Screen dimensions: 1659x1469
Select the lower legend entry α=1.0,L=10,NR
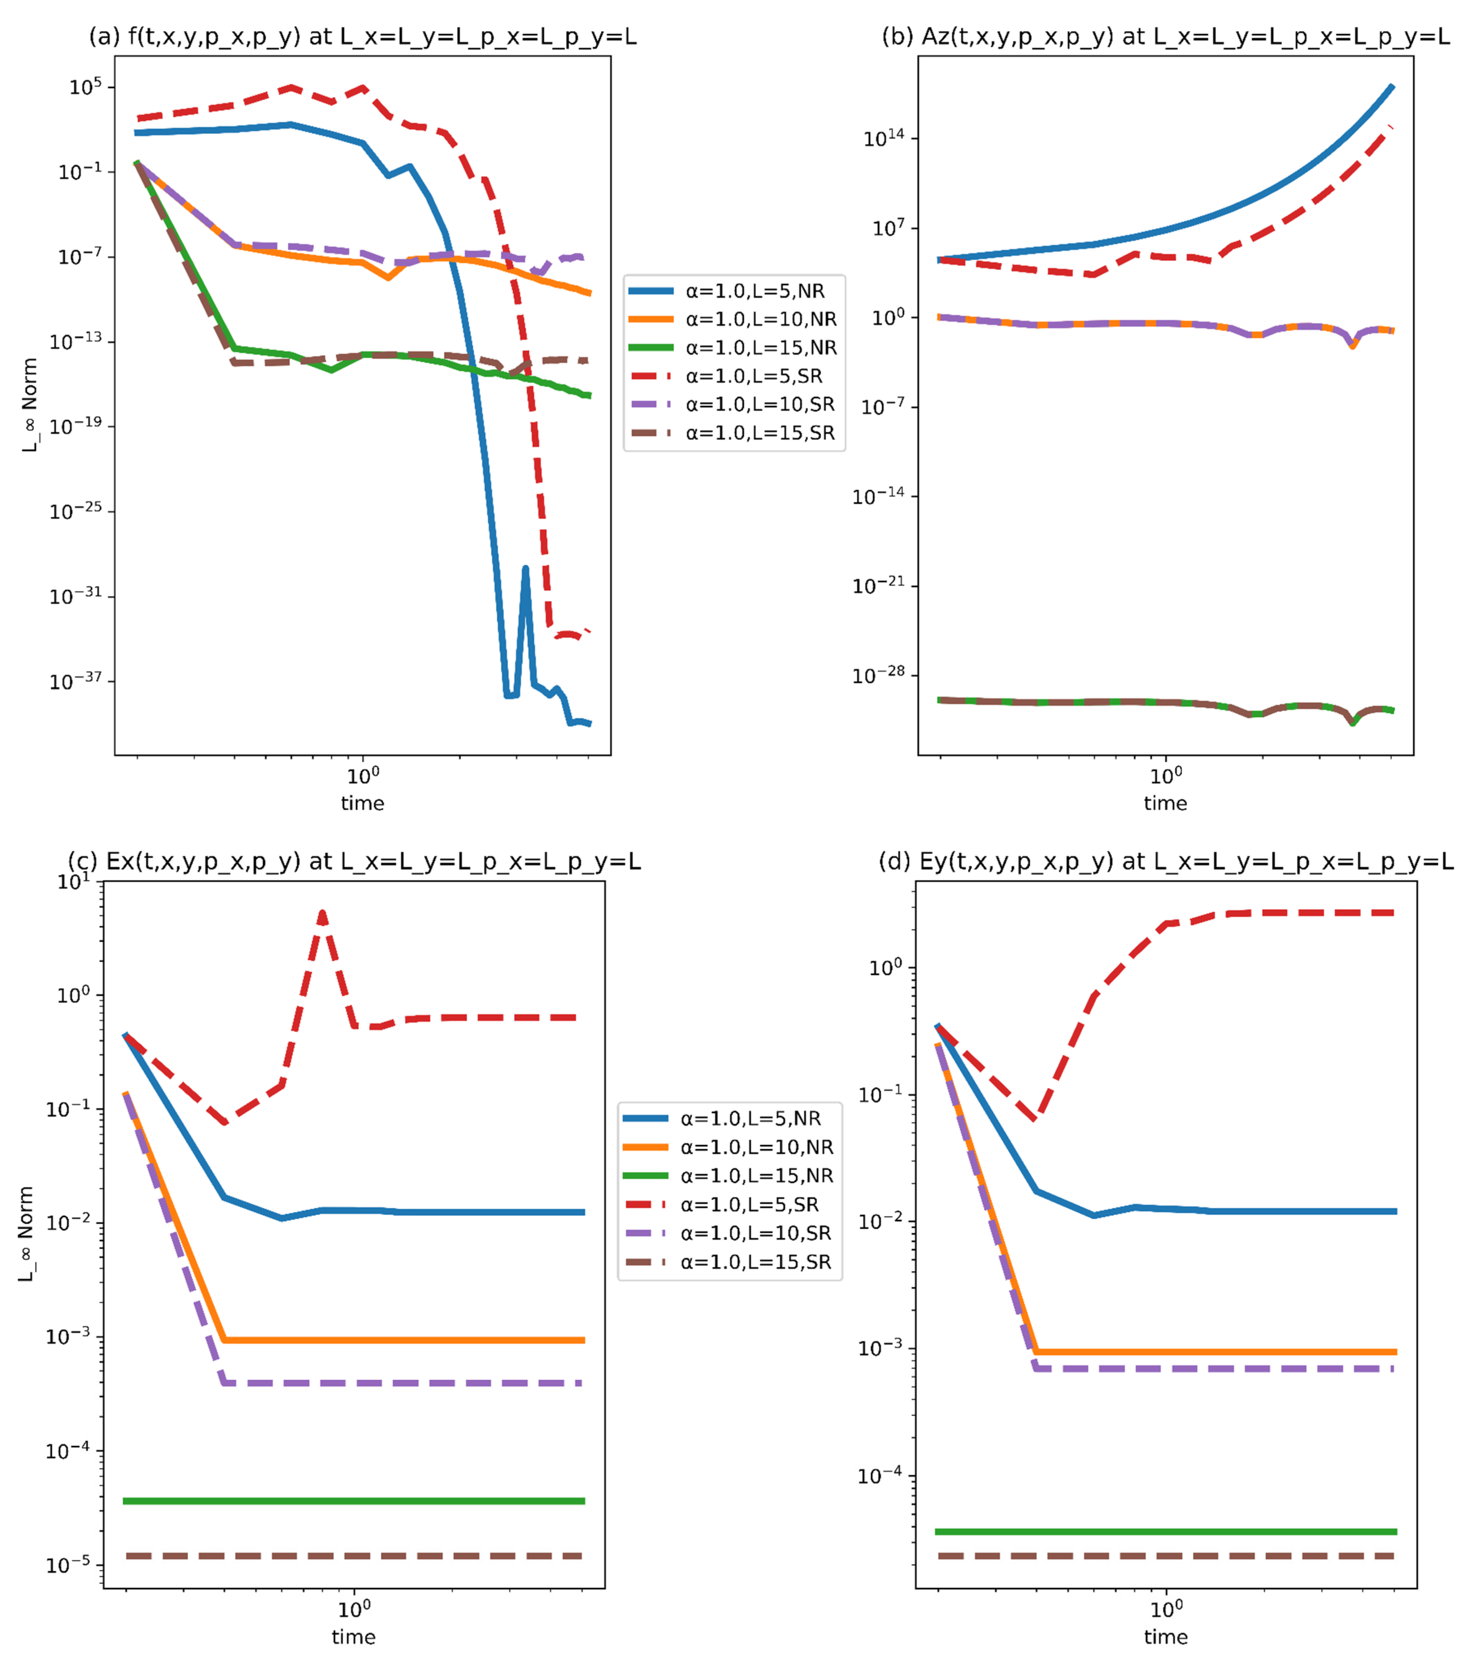(757, 1147)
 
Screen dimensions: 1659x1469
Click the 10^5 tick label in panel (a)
(85, 86)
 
